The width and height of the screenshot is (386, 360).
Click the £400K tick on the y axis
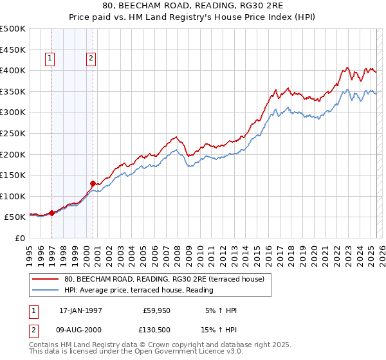pyautogui.click(x=13, y=70)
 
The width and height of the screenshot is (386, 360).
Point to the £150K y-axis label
pyautogui.click(x=13, y=175)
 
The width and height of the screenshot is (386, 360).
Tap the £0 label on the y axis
pyautogui.click(x=21, y=238)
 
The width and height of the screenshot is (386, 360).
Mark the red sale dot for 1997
pyautogui.click(x=52, y=213)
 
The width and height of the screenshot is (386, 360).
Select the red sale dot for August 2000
pyautogui.click(x=93, y=183)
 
